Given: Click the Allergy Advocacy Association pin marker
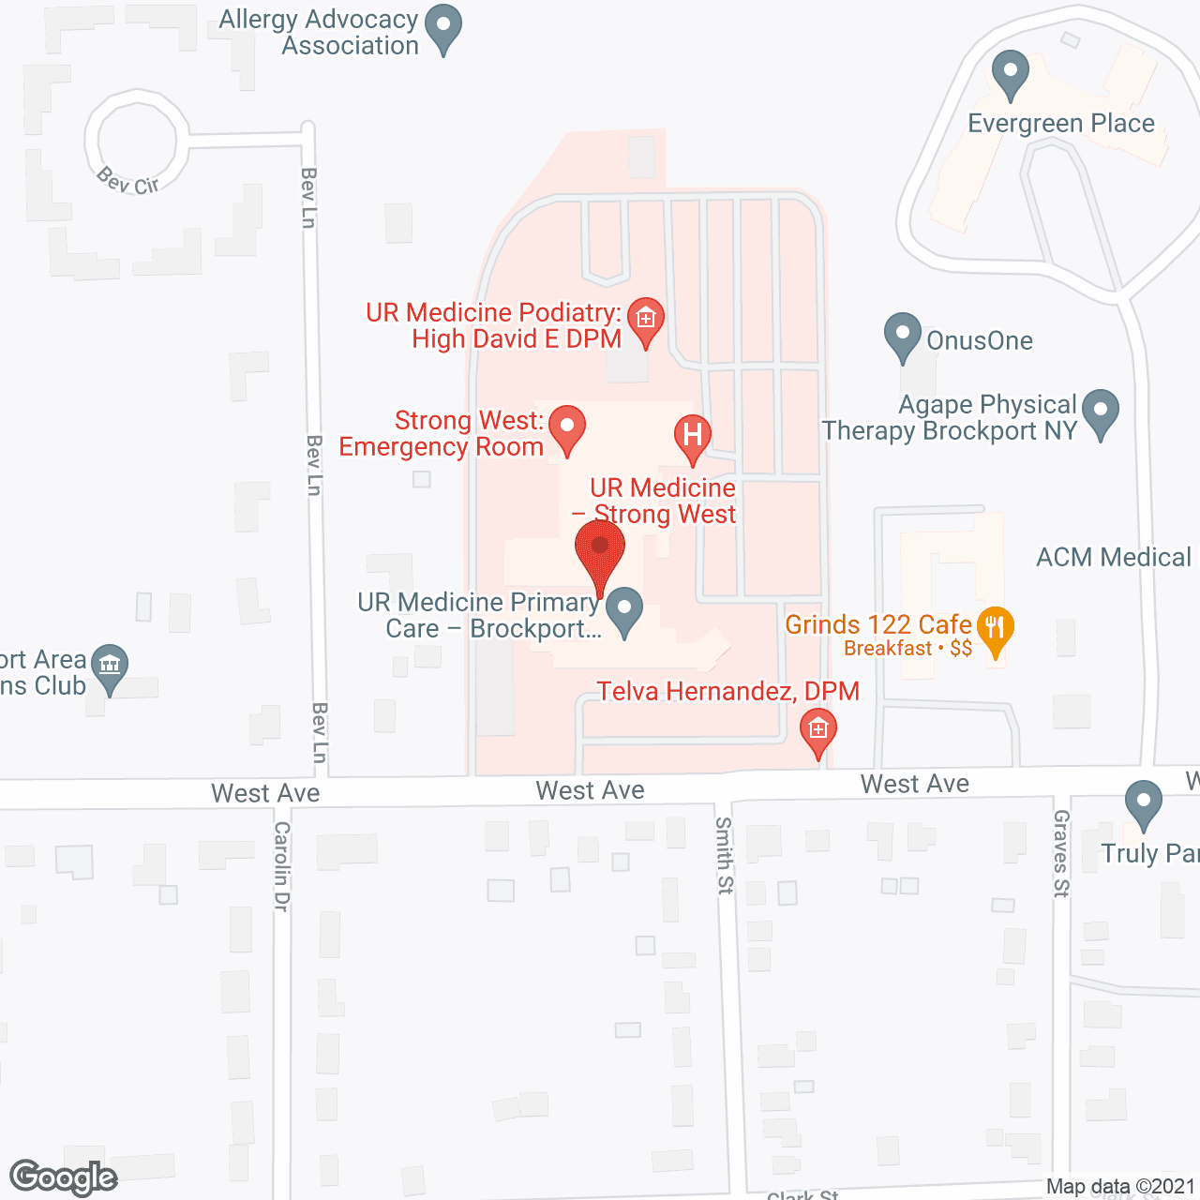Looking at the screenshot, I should tap(443, 27).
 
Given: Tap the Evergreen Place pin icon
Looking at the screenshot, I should tap(1010, 72).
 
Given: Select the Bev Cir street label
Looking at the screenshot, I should tap(128, 181).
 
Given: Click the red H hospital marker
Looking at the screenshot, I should tap(693, 437).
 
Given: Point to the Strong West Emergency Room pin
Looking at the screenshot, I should tap(566, 428).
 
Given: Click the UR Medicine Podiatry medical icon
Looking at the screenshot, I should tap(645, 320).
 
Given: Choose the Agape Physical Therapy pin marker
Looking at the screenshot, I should tap(1101, 412).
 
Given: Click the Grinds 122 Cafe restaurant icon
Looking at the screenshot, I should tap(995, 627).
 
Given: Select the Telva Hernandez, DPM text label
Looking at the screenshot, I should tap(728, 692).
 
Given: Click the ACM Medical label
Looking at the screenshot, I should tap(1114, 558).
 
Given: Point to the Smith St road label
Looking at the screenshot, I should tap(725, 855).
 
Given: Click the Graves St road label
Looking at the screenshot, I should tap(1061, 853).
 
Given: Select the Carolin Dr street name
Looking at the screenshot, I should tap(281, 866).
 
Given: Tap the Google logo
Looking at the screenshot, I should tap(63, 1177).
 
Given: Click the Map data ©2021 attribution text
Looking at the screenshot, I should tap(1120, 1187).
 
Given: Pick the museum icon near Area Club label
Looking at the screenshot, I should tap(110, 667).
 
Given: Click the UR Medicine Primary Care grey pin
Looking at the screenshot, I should tap(623, 609).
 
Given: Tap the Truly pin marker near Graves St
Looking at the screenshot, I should tap(1143, 803).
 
